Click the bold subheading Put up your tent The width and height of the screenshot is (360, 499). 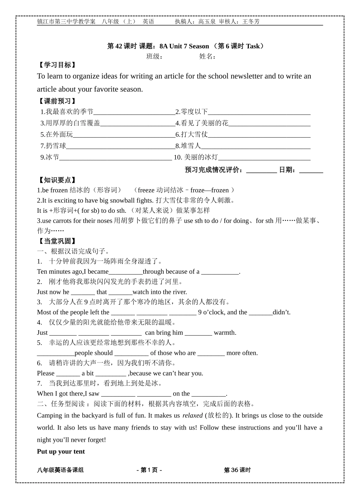pyautogui.click(x=61, y=451)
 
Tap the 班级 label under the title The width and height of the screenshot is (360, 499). pyautogui.click(x=154, y=56)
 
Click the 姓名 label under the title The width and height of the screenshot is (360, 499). pyautogui.click(x=207, y=56)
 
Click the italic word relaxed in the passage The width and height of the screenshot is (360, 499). pyautogui.click(x=193, y=415)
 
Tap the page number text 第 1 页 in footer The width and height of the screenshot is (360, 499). pyautogui.click(x=149, y=470)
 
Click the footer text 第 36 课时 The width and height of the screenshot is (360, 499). pyautogui.click(x=237, y=470)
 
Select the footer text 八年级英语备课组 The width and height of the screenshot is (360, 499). pyautogui.click(x=60, y=470)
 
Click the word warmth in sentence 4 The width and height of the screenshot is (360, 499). pyautogui.click(x=225, y=333)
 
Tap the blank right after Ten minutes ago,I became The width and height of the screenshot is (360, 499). pyautogui.click(x=125, y=272)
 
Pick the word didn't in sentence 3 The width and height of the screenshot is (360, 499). pyautogui.click(x=282, y=312)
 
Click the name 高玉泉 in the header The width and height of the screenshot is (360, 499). pyautogui.click(x=207, y=22)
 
